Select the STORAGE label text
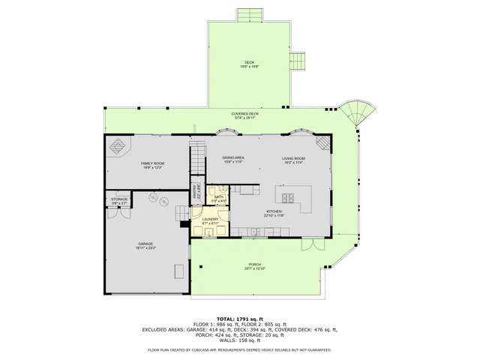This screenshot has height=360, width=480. pyautogui.click(x=120, y=200)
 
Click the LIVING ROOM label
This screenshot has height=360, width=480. pyautogui.click(x=293, y=159)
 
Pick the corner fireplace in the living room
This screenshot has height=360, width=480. pyautogui.click(x=322, y=143)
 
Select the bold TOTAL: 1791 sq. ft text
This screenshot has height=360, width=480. pyautogui.click(x=239, y=319)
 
